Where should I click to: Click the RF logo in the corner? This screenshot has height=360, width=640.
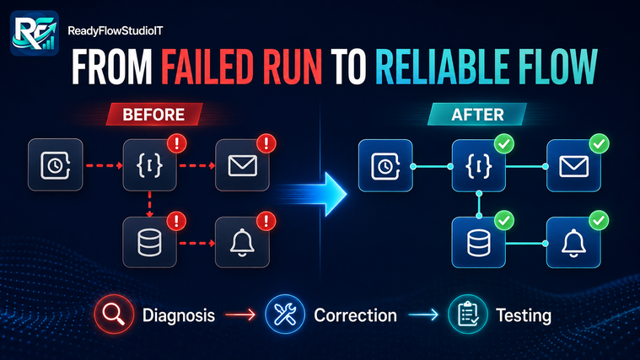(35, 33)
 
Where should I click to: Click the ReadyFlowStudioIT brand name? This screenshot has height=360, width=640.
(116, 31)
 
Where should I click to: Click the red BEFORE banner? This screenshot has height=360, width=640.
(153, 115)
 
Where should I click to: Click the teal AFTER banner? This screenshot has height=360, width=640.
(477, 115)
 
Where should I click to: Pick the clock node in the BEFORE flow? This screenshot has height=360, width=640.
(56, 165)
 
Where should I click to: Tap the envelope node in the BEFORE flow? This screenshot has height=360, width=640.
(243, 165)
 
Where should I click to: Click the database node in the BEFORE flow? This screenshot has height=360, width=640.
(150, 243)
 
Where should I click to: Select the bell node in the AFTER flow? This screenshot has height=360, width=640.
(573, 243)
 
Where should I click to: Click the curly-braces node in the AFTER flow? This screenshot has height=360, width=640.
(479, 166)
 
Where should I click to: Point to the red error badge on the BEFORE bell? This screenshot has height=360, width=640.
(266, 221)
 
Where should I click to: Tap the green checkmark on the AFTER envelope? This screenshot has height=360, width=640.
(600, 143)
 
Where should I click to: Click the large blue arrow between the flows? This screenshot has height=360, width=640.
(315, 194)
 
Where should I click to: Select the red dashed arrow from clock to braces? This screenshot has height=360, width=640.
(104, 166)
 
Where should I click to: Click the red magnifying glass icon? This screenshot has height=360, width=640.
(114, 314)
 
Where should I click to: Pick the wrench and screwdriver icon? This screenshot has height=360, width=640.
(285, 314)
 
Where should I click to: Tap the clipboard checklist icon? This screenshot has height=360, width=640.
(468, 314)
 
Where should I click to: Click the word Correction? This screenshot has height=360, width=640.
(355, 315)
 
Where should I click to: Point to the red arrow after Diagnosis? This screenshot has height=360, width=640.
(240, 314)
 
